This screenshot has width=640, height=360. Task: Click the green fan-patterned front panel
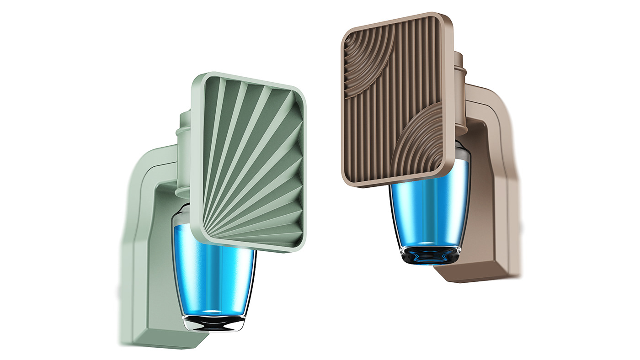tap(249, 160)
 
